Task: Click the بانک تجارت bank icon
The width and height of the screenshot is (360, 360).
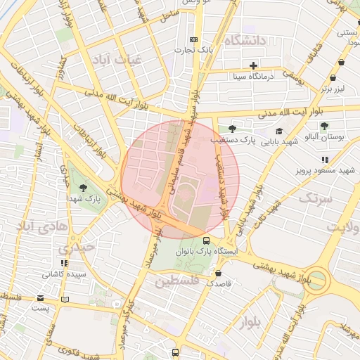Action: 194,39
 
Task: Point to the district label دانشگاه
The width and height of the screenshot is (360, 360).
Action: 245,41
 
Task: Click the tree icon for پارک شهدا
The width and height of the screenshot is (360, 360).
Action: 84,188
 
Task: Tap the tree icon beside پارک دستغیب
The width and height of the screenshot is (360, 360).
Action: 232,129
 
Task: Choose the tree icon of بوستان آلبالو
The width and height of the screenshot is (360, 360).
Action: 324,127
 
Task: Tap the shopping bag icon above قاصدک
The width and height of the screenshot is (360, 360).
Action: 219,273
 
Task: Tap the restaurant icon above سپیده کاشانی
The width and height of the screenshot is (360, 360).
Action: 64,262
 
